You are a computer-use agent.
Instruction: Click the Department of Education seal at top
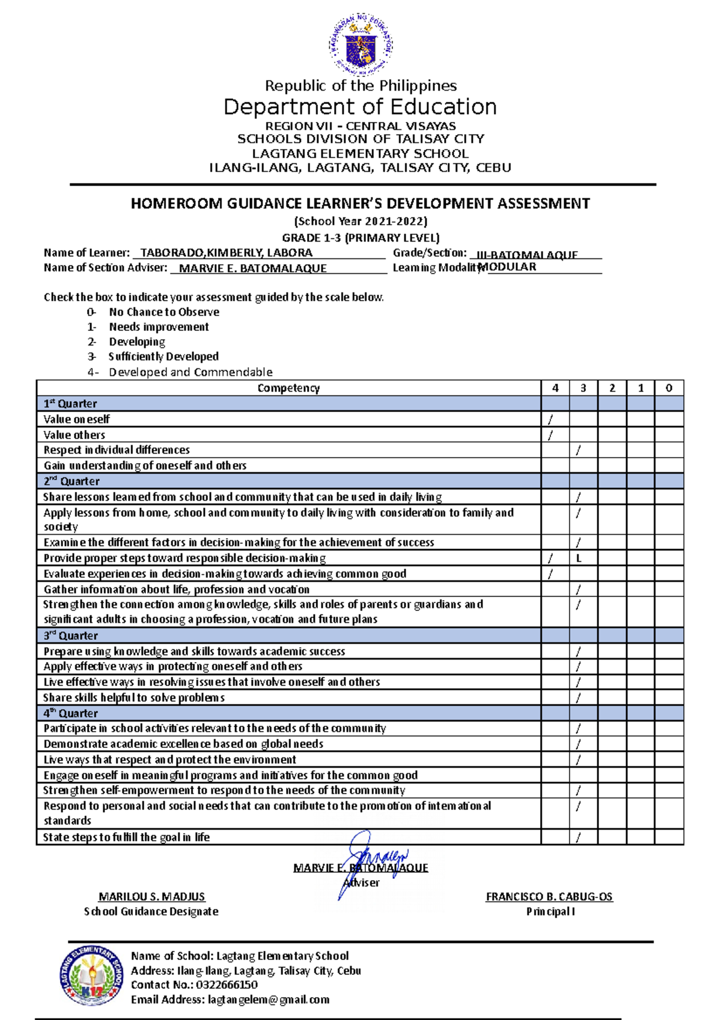pos(360,45)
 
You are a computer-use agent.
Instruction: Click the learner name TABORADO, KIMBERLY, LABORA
pos(226,253)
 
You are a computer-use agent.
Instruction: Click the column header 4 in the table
pos(555,388)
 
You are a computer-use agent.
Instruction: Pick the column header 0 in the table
pos(669,388)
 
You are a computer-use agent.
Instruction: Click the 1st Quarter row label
pos(70,404)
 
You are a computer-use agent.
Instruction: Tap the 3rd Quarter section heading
pos(71,636)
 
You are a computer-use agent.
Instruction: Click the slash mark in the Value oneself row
pos(550,419)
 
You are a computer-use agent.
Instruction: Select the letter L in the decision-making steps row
pos(579,558)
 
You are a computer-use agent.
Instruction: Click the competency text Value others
pos(75,435)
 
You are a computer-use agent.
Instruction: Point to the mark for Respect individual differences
pos(579,450)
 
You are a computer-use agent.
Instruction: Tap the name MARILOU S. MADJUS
pos(151,897)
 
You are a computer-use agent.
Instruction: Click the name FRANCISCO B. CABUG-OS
pos(549,897)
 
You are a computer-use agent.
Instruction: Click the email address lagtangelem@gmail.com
pos(269,1000)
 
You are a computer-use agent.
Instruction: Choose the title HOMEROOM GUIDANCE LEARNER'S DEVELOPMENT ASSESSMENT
pos(360,204)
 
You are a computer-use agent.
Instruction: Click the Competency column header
pos(288,388)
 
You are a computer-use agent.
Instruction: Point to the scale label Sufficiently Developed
pos(163,356)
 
